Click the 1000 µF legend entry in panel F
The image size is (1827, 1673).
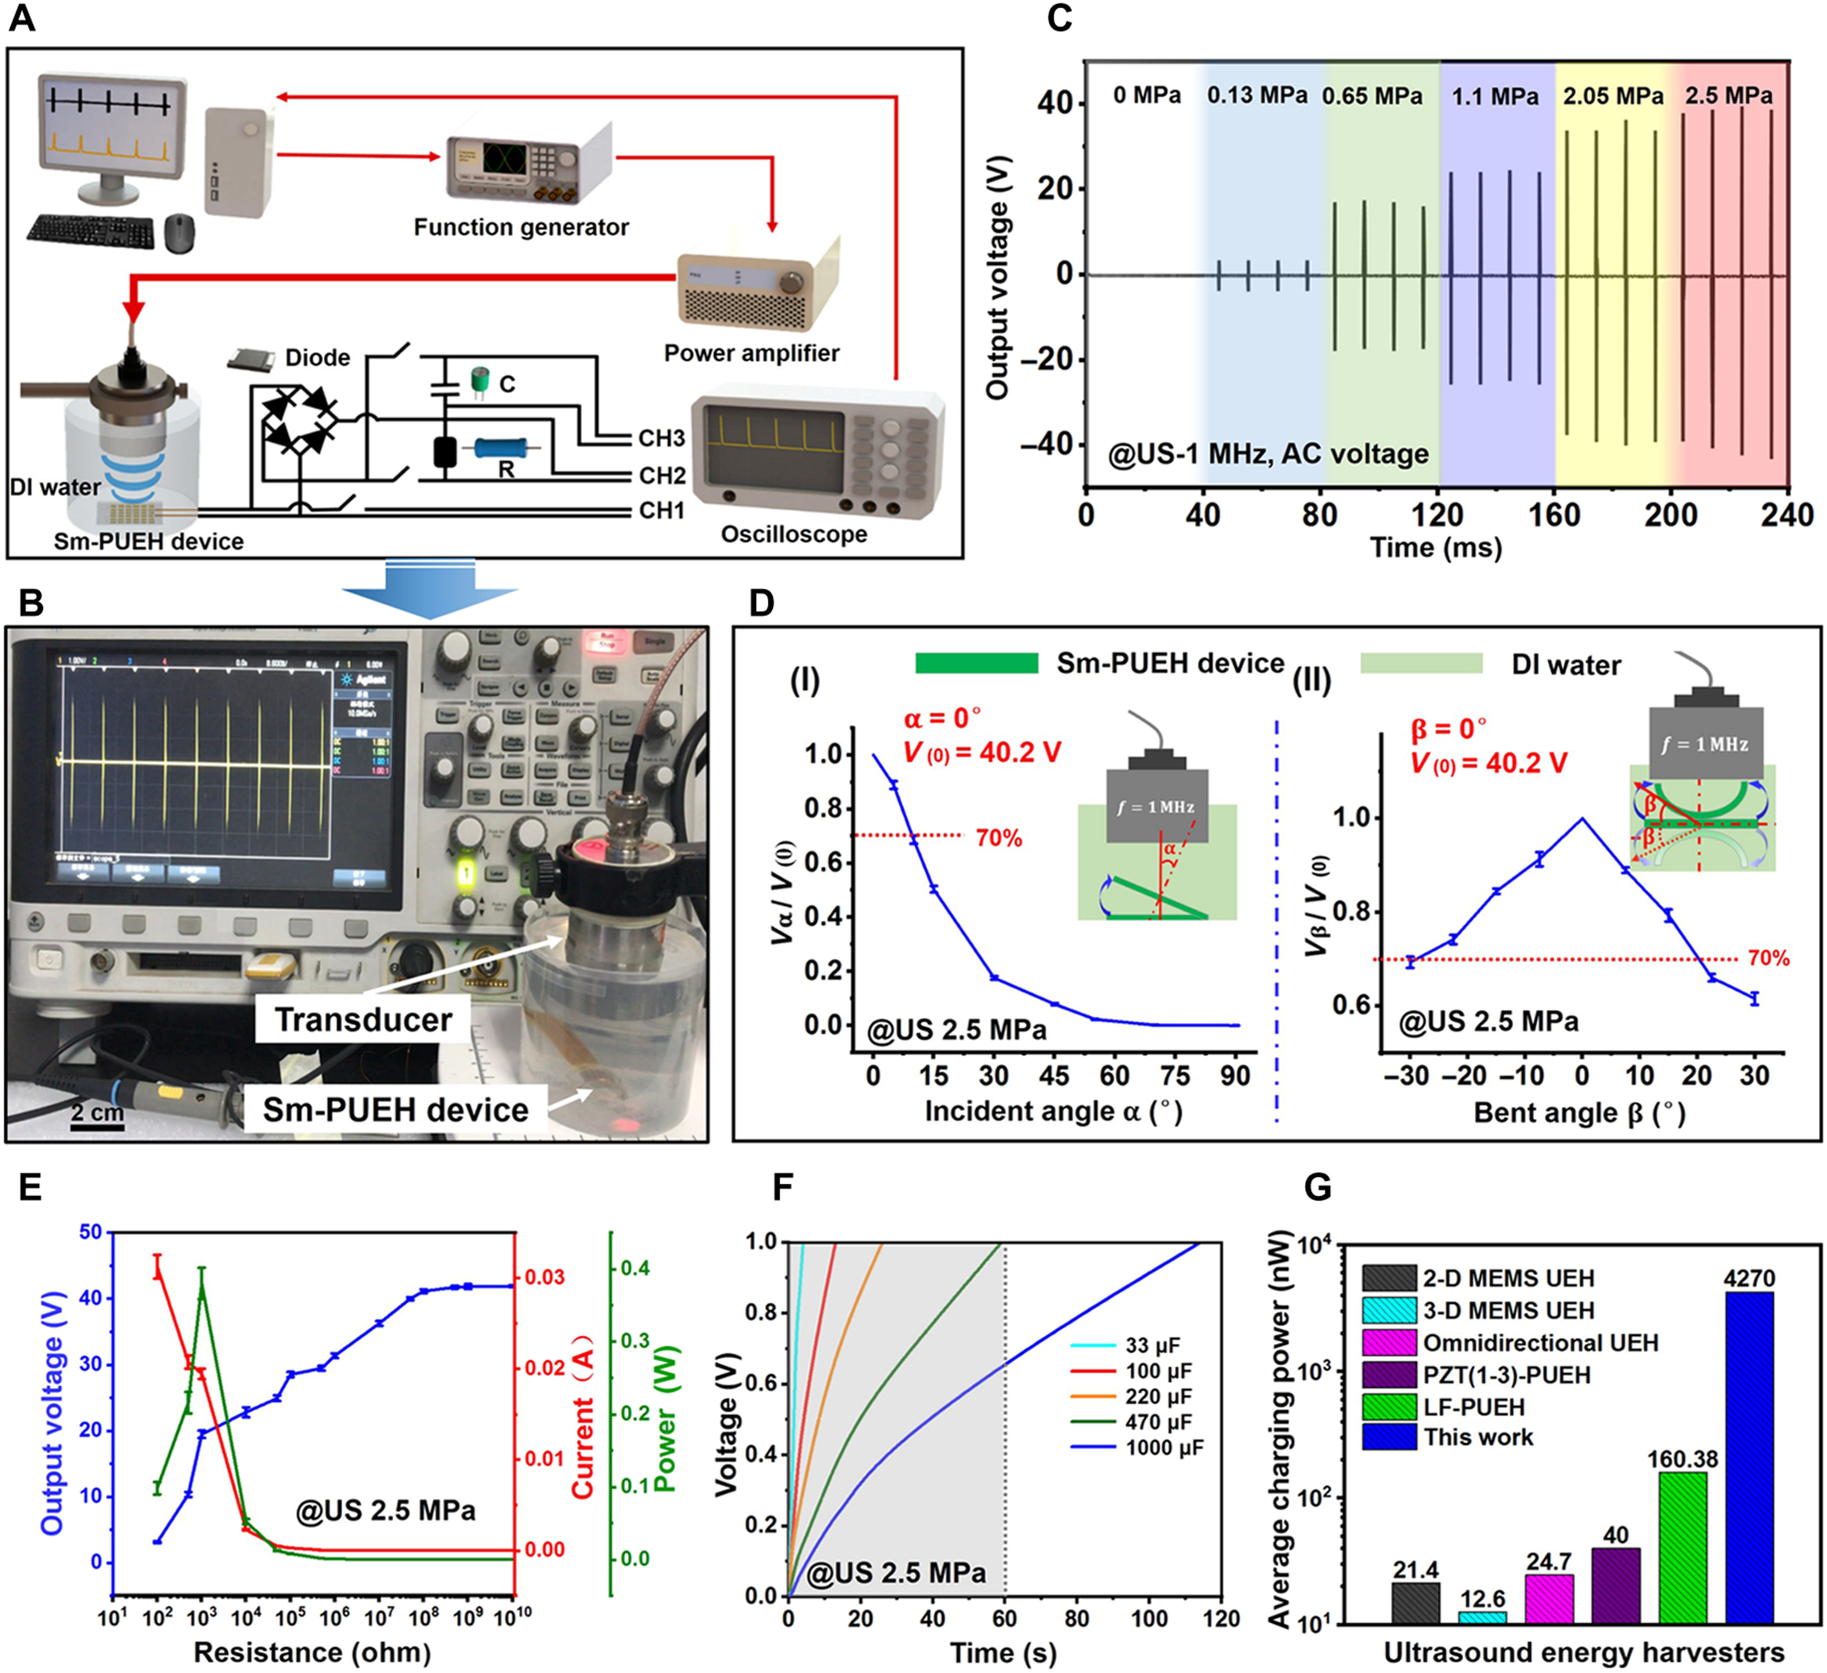coord(1164,1448)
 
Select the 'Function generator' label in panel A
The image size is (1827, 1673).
coord(521,227)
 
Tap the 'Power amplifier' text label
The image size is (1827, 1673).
coord(751,353)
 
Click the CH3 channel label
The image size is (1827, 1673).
coord(662,438)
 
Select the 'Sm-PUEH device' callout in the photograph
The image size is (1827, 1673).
coord(395,1109)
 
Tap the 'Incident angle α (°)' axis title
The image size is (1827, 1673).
coord(1053,1111)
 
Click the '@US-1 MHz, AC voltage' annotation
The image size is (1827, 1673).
coord(1269,454)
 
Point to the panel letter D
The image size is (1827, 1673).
coord(761,602)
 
